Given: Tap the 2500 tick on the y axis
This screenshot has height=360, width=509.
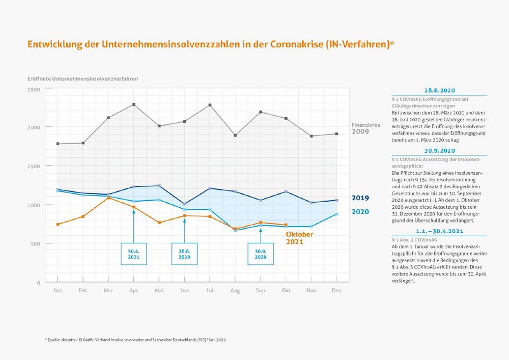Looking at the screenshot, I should (x=34, y=89).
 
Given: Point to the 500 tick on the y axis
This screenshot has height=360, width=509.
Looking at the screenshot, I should (x=35, y=243).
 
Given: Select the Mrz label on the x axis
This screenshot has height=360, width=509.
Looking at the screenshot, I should (x=108, y=290).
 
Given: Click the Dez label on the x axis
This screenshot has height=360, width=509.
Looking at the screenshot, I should (x=336, y=290).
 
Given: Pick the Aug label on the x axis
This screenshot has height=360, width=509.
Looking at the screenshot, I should (x=235, y=290).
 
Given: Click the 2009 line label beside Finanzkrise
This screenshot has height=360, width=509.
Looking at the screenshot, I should (x=360, y=131).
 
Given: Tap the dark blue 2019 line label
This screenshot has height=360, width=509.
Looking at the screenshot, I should (x=360, y=198).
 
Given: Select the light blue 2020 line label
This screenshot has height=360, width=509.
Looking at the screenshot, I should (x=360, y=211).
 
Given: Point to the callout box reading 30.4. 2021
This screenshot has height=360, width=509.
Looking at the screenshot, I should (x=133, y=254).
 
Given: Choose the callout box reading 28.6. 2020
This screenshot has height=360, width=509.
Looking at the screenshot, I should (x=184, y=254).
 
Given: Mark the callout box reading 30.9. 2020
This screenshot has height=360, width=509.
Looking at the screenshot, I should (x=261, y=254).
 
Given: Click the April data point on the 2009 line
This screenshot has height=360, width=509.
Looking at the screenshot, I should (x=133, y=104).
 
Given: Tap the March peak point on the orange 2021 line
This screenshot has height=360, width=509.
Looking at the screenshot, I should (x=108, y=198).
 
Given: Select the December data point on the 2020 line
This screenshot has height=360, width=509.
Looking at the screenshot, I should (x=336, y=214).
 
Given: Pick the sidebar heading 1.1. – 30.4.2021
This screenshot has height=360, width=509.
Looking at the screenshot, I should (x=438, y=231).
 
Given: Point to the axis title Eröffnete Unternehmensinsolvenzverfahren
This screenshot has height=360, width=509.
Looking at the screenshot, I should (x=82, y=79).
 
